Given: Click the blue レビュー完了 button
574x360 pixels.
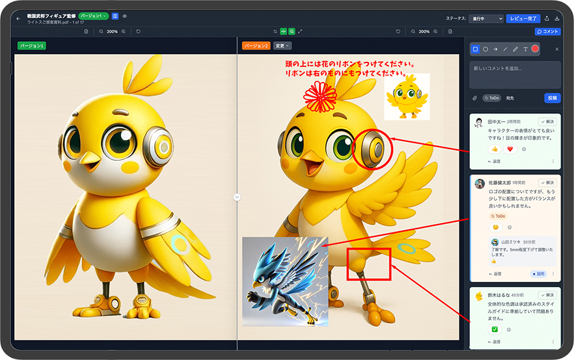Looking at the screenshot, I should pyautogui.click(x=523, y=18).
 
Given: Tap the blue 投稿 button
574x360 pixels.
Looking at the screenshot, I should pyautogui.click(x=552, y=98).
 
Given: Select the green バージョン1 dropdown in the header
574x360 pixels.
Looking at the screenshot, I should pyautogui.click(x=93, y=16).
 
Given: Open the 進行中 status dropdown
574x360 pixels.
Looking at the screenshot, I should pyautogui.click(x=485, y=19).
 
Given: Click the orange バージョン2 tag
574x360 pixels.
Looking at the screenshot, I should pyautogui.click(x=256, y=46).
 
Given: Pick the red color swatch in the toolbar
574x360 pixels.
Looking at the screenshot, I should pyautogui.click(x=535, y=49).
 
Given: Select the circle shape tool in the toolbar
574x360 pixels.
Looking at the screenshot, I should pyautogui.click(x=485, y=49).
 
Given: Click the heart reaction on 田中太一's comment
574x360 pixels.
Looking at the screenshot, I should pyautogui.click(x=510, y=149).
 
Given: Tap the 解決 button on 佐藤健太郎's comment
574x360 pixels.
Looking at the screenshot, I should pyautogui.click(x=548, y=183).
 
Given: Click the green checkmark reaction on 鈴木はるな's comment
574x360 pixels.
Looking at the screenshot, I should pyautogui.click(x=495, y=329).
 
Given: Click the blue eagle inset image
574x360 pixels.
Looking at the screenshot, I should pyautogui.click(x=284, y=281).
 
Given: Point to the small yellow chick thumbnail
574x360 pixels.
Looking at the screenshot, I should pyautogui.click(x=406, y=96).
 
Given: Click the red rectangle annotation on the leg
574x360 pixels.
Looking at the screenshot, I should pyautogui.click(x=368, y=264).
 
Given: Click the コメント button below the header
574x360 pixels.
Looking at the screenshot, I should pyautogui.click(x=547, y=31).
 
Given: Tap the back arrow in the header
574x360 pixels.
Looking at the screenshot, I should pyautogui.click(x=18, y=18).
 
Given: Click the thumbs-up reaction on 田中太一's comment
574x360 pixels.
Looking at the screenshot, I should pyautogui.click(x=495, y=149).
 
